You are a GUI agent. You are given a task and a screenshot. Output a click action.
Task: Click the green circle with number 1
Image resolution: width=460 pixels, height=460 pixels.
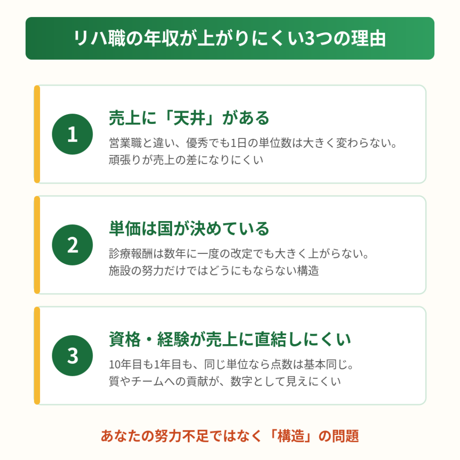pos(72,134)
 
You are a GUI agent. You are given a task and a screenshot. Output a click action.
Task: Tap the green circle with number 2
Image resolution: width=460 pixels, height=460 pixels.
pos(72,245)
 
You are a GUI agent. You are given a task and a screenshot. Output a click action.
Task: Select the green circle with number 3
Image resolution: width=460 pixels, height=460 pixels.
pos(72,356)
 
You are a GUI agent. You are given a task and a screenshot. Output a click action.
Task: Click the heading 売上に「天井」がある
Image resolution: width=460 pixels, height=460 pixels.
pos(189,118)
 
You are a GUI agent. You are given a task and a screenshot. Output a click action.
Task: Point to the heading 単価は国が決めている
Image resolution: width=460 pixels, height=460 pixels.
pos(189,229)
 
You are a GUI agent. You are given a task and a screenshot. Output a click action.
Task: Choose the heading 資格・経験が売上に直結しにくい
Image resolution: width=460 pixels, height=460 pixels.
pos(230,340)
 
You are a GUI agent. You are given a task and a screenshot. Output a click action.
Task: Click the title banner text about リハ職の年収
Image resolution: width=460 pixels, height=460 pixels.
pos(230,39)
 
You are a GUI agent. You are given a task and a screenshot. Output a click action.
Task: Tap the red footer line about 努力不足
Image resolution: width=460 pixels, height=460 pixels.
pos(230,436)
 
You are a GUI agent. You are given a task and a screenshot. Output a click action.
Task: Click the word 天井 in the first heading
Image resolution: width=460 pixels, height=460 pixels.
pos(189,118)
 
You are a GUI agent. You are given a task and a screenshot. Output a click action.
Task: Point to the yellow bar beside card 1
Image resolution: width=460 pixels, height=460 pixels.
pos(37,134)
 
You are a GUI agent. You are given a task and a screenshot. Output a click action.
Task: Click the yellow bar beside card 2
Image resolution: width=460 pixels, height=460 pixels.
pos(37,245)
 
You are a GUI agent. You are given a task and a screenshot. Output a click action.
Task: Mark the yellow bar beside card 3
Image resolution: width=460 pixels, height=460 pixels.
pos(37,356)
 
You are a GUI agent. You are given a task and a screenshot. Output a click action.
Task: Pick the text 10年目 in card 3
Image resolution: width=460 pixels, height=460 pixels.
pos(120,364)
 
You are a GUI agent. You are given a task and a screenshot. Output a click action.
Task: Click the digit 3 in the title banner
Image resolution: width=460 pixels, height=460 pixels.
pos(310,39)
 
